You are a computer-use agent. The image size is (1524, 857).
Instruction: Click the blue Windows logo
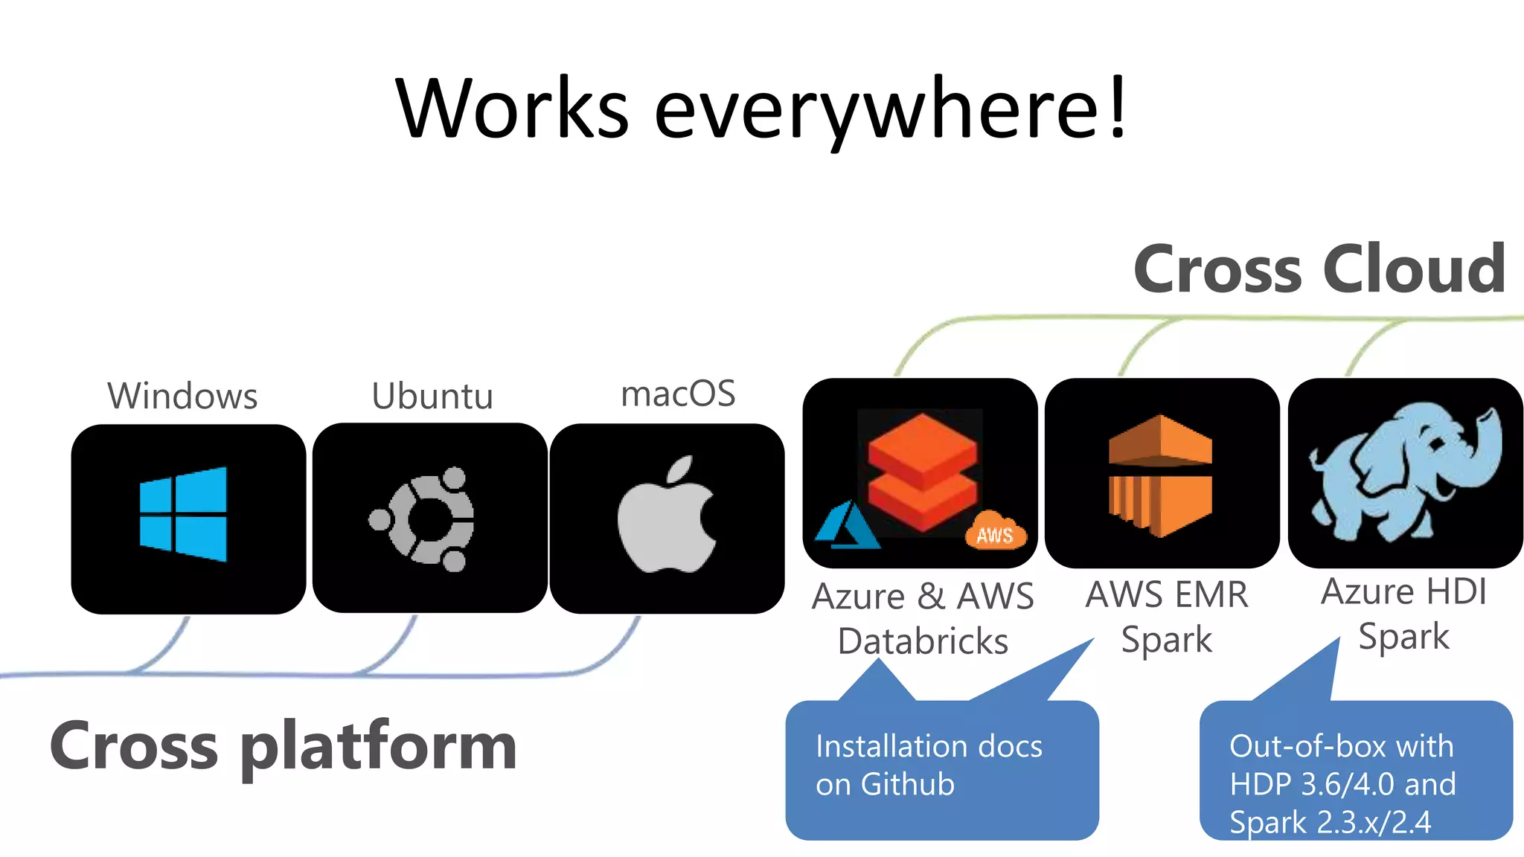coord(183,514)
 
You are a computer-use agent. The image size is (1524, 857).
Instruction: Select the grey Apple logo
coord(667,517)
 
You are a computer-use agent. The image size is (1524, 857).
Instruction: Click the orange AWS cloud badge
coord(996,531)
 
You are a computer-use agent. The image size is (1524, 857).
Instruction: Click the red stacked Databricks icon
coord(923,471)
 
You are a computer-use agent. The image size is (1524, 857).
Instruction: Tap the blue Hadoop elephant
coord(1405,471)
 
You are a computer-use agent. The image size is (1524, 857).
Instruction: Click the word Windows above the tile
coord(182,396)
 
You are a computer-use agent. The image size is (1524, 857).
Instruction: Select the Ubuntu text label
coord(432,396)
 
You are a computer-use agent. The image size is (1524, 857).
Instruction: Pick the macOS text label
coord(678,394)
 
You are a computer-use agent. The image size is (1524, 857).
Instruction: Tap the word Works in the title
coord(512,110)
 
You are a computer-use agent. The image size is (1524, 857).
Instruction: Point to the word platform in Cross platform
coord(378,747)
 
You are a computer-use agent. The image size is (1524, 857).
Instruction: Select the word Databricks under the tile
coord(923,641)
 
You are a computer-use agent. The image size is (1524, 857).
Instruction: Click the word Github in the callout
coord(907,785)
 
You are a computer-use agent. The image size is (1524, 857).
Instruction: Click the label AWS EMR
coord(1167,595)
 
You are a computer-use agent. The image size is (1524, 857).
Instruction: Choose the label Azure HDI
coord(1403,592)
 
